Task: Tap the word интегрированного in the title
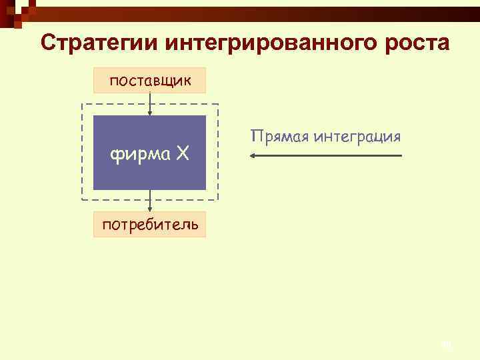point(269,42)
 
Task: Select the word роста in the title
point(415,42)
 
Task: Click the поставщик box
point(150,80)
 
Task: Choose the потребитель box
point(150,224)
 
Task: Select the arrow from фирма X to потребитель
point(150,201)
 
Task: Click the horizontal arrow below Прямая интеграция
point(327,156)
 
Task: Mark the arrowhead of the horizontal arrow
point(252,156)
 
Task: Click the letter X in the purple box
point(182,155)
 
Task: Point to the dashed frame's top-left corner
point(82,105)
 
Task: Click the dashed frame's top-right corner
point(218,105)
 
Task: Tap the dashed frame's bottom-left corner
point(82,200)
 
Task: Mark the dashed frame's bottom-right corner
point(218,200)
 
